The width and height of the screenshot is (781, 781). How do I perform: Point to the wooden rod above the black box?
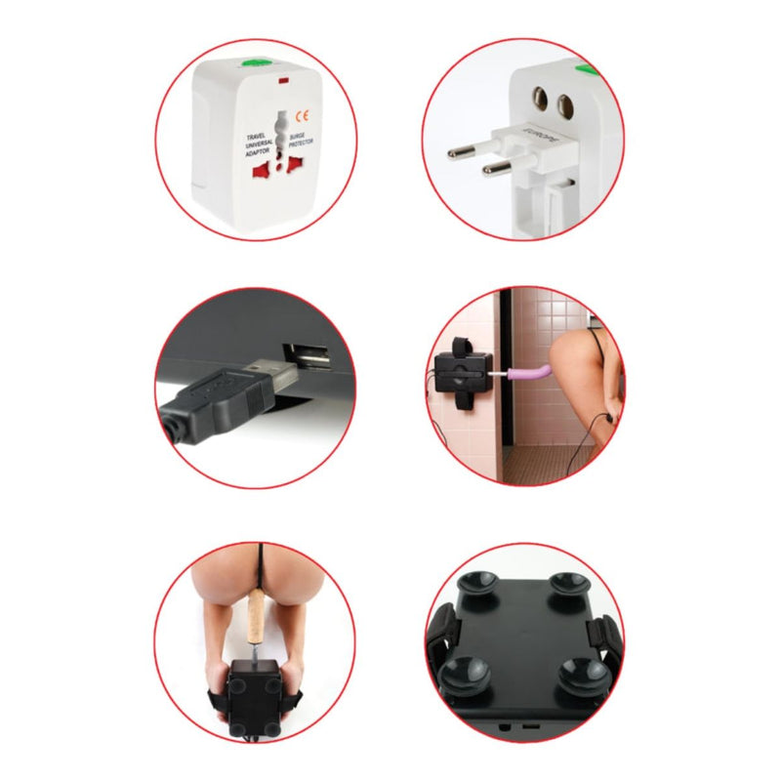(x=256, y=619)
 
